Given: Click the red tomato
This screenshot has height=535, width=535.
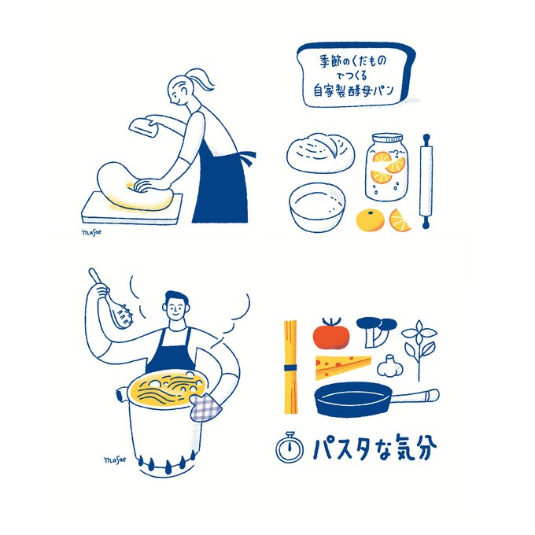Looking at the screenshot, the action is click(331, 334).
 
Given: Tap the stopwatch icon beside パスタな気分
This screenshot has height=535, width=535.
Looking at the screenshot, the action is click(290, 448).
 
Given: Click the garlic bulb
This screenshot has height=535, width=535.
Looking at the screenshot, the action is click(390, 366).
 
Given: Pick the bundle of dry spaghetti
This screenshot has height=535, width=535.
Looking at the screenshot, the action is click(290, 367).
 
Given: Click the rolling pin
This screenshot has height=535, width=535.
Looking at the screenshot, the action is click(426, 181).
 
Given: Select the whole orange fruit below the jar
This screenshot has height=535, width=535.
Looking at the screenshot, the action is click(371, 220).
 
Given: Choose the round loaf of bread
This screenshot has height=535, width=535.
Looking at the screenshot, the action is click(320, 153).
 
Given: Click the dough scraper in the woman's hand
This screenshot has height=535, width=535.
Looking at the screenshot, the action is click(144, 126).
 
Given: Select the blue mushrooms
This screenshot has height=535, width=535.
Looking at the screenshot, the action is click(376, 331).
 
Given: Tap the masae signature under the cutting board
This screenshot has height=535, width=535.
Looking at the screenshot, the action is click(91, 232).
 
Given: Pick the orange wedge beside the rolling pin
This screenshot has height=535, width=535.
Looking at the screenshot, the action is click(400, 220).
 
